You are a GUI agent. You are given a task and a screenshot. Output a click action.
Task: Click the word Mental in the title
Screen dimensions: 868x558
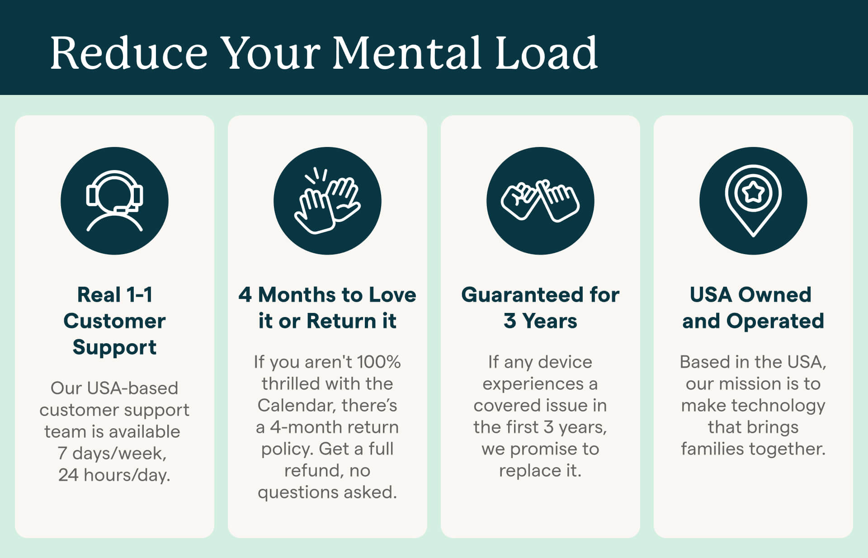point(408,53)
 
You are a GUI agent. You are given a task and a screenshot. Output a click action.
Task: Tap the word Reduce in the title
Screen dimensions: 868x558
point(129,53)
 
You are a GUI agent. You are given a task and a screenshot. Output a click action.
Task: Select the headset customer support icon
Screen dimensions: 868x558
point(114,201)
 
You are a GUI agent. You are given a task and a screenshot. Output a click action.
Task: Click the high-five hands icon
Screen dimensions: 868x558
point(327,201)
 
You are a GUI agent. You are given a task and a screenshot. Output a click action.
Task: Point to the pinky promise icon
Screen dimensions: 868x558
point(540,201)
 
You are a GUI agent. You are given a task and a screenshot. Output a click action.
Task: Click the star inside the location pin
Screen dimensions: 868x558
point(753,193)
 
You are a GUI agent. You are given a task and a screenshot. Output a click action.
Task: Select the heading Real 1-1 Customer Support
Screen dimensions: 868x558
point(114,321)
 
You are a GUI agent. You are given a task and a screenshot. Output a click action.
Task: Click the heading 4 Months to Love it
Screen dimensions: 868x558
point(327,307)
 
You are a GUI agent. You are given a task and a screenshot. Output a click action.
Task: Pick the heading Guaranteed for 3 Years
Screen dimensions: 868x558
point(540,307)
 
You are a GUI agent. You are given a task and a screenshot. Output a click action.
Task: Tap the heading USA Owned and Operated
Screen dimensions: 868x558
point(753,307)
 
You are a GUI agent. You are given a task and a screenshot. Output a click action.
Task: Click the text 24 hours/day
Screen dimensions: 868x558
point(114,475)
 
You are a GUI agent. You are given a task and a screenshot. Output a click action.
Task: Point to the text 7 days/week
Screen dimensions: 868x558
point(112,453)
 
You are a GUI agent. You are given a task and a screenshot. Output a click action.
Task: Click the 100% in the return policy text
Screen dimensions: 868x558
point(379,362)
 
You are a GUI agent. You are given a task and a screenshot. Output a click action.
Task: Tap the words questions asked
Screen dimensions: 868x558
point(327,492)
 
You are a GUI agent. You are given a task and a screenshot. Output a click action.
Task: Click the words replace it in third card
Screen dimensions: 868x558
point(540,470)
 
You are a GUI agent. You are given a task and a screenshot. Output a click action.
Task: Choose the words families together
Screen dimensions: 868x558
point(753,449)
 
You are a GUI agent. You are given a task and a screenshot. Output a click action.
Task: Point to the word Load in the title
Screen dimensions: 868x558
point(547,53)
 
